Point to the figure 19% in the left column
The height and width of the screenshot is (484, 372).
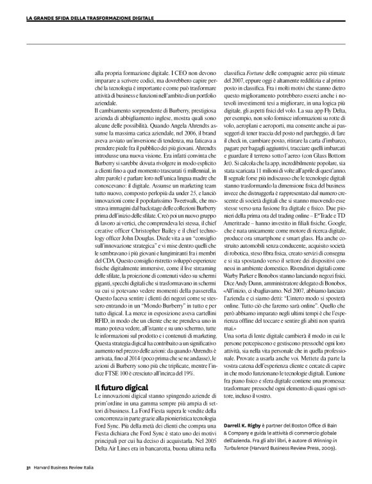coord(181,373)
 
